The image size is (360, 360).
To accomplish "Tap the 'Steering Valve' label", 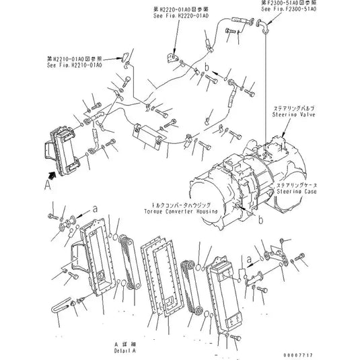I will click(x=294, y=115).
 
